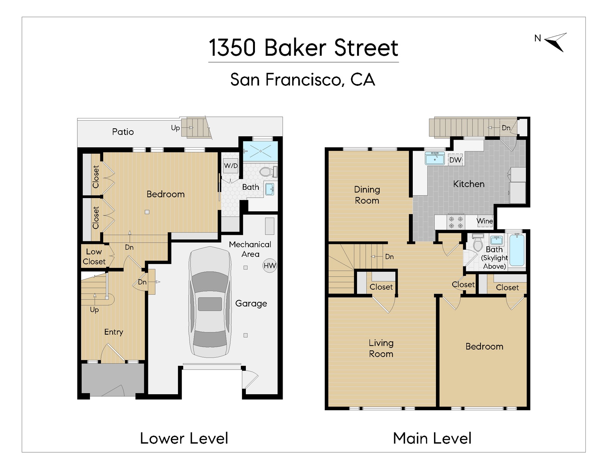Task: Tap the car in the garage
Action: point(210,302)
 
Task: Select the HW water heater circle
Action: point(270,266)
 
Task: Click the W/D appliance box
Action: point(231,166)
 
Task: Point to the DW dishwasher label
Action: point(455,160)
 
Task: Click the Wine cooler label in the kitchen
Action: point(484,221)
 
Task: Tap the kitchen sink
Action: point(435,158)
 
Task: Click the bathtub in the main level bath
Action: point(517,250)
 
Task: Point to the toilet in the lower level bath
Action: point(268,172)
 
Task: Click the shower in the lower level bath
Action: point(260,151)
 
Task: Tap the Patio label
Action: point(123,132)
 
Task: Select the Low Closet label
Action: point(94,257)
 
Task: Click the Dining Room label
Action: point(367,195)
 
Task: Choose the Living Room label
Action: point(381,348)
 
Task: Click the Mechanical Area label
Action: point(250,249)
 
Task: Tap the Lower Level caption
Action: point(184,438)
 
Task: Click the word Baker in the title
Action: point(295,48)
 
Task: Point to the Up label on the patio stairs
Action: point(175,128)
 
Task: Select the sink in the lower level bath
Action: point(270,189)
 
